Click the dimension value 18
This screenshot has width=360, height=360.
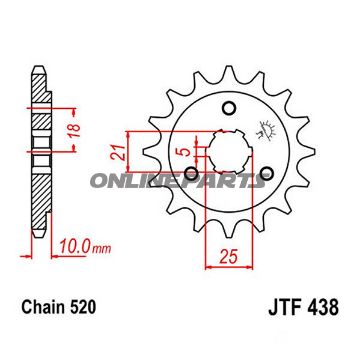76,131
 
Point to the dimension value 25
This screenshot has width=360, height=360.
229,257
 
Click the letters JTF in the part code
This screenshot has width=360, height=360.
283,308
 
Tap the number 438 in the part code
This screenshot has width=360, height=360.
322,308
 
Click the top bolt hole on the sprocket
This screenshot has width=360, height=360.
229,108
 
